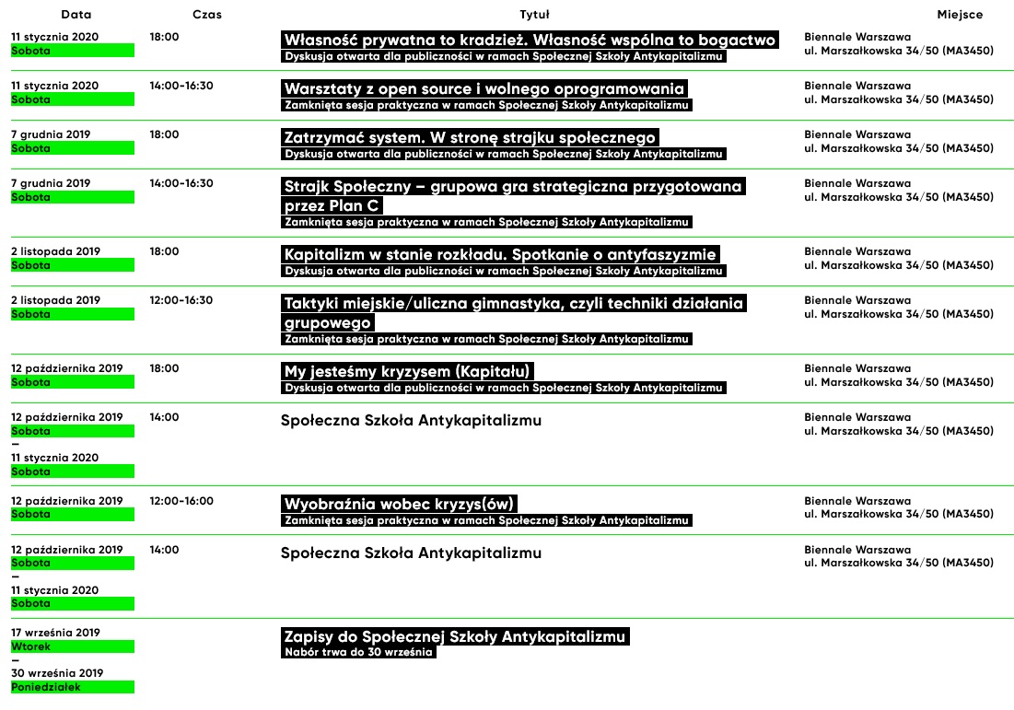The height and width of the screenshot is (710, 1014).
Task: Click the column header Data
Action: (76, 15)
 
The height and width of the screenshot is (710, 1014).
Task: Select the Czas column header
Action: (207, 15)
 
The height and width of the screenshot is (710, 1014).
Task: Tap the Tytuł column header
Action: (534, 15)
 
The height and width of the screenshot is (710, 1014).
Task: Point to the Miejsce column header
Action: (960, 15)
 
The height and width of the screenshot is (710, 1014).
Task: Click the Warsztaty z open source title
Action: (484, 88)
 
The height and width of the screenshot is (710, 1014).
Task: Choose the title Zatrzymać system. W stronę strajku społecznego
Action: (470, 137)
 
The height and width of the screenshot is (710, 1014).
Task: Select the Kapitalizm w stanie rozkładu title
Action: (500, 254)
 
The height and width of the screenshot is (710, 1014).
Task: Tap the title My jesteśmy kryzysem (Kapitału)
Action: (408, 371)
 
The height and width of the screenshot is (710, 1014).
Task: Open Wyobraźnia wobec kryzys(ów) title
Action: (399, 504)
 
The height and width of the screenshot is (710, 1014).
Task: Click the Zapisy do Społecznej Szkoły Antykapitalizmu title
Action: (455, 636)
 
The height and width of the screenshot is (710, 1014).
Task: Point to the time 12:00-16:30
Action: (181, 300)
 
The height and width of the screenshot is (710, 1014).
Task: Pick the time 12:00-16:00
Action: (181, 501)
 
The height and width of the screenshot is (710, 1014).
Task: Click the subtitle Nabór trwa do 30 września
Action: (358, 653)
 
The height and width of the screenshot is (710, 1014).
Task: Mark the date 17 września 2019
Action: (55, 633)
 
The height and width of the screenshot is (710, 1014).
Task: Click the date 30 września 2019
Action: (57, 673)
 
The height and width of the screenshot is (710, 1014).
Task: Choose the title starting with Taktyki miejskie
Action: (514, 303)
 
